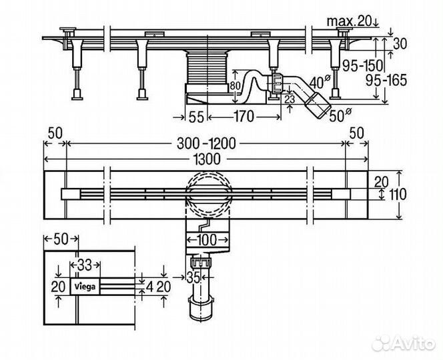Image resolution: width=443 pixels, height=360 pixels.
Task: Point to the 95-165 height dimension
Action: coord(386,81)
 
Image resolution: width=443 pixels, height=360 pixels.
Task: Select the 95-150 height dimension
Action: coord(362,65)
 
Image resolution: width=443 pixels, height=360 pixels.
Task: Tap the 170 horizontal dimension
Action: coord(244,116)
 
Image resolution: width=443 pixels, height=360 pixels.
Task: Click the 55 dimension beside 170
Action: coord(195,117)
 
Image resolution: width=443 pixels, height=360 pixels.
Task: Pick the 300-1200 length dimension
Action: coord(206,143)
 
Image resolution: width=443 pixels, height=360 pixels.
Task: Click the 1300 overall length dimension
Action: coord(206,159)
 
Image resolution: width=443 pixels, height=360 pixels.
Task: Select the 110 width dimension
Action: coord(398,194)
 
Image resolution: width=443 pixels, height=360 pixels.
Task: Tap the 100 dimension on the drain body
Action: coord(207,240)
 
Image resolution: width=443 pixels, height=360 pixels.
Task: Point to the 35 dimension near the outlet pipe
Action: coord(193,277)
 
